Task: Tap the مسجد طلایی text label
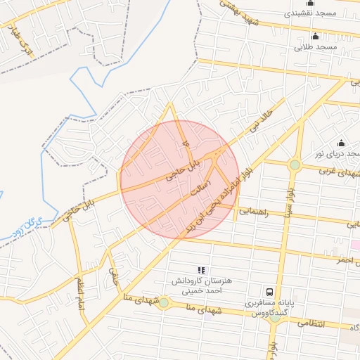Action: pos(317,47)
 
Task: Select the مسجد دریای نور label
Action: pos(337,153)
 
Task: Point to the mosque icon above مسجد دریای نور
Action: pos(342,143)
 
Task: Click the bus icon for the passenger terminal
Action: pos(269,291)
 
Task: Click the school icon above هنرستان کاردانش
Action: pos(201,269)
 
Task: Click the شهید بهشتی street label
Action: pos(229,13)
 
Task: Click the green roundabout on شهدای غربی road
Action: pos(295,165)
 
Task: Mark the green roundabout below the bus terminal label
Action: pos(275,318)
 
